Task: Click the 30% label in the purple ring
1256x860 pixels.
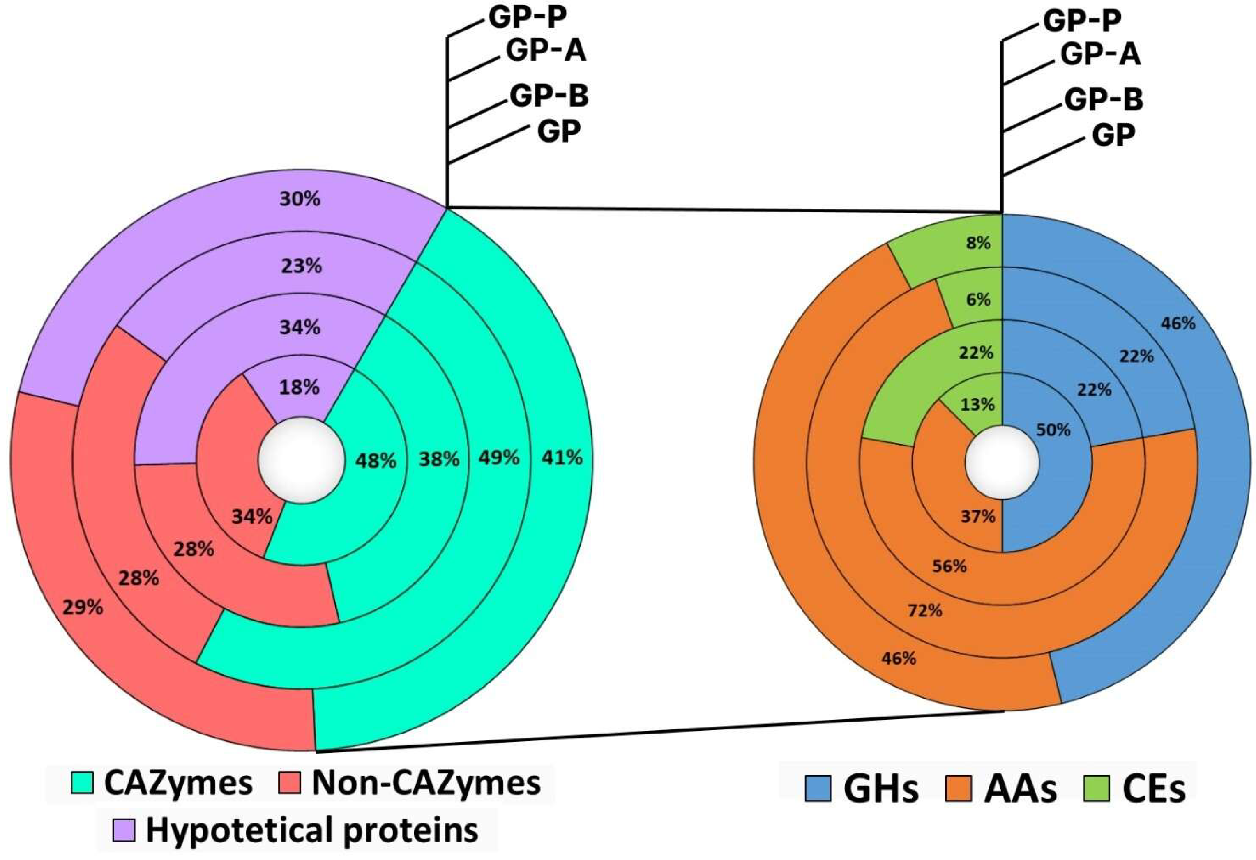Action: tap(300, 199)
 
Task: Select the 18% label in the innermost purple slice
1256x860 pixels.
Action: tap(300, 387)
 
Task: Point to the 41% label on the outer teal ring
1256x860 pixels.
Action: tap(562, 458)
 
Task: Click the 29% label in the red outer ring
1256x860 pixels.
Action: tap(83, 607)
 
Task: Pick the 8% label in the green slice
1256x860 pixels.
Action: tap(979, 244)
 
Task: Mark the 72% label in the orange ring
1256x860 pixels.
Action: tap(925, 610)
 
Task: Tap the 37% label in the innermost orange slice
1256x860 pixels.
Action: tap(978, 517)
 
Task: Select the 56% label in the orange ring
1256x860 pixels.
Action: tap(949, 566)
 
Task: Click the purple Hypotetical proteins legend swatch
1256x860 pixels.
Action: tap(124, 831)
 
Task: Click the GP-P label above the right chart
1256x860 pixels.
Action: tap(1081, 22)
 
